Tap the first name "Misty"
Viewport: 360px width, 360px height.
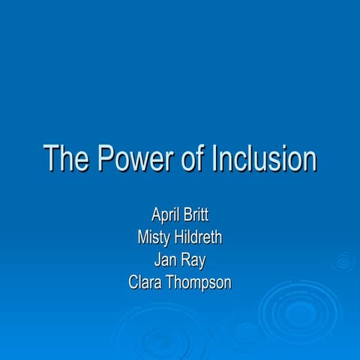[152, 239]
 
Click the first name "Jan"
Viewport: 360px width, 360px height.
[164, 261]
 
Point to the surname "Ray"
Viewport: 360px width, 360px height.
[193, 261]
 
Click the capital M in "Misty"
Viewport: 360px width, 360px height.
[142, 239]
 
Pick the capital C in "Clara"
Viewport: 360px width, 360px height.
[134, 283]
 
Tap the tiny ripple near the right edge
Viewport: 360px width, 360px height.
[344, 262]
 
